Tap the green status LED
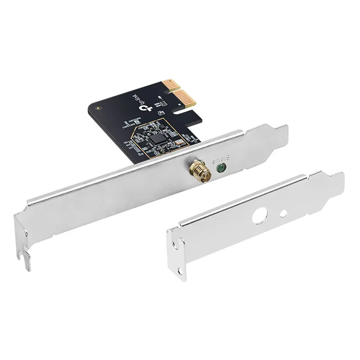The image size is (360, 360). pyautogui.click(x=220, y=168)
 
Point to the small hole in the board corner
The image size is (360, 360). pyautogui.click(x=99, y=109)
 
